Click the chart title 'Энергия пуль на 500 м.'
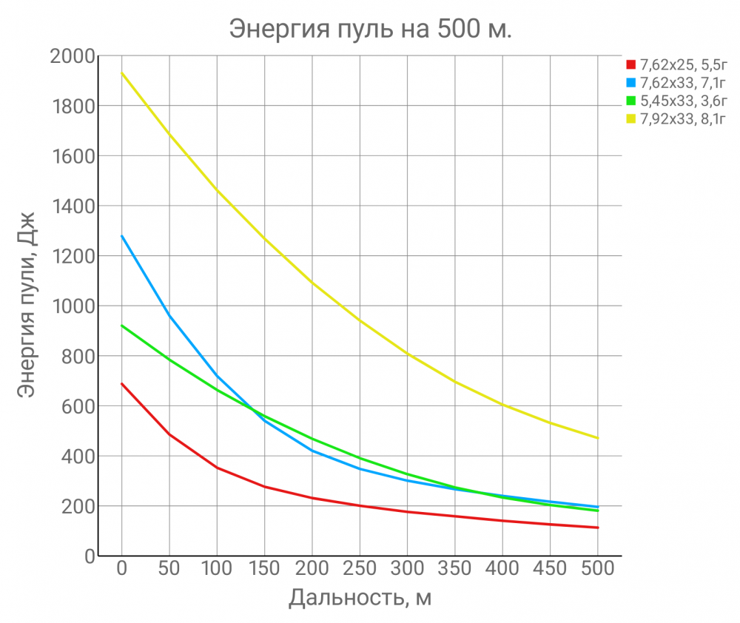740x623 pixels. [x=370, y=29]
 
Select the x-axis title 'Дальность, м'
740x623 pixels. [x=360, y=597]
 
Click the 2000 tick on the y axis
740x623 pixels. [x=73, y=56]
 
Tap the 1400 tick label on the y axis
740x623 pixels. [x=73, y=206]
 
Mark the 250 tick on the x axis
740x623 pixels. [x=360, y=569]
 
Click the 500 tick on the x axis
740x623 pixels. [x=597, y=569]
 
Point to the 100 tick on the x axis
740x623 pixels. [x=217, y=569]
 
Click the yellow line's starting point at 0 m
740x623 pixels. [x=122, y=73]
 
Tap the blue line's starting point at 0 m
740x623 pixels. [x=122, y=236]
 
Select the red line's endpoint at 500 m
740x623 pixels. [x=597, y=528]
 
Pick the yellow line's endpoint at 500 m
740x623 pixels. [x=597, y=438]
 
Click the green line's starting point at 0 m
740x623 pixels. [x=122, y=326]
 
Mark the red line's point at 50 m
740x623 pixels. [x=169, y=434]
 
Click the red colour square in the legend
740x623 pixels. [x=630, y=64]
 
